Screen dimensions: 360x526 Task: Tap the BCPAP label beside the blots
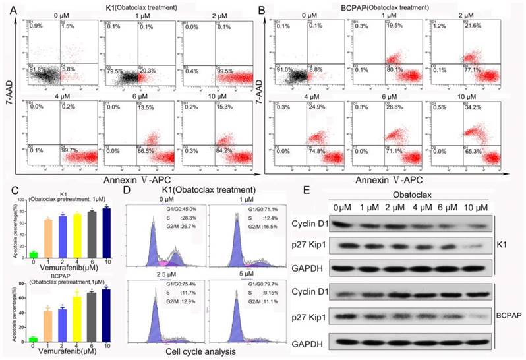[509, 315]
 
